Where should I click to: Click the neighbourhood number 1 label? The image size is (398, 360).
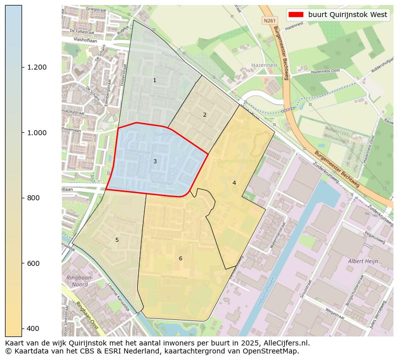click(154, 81)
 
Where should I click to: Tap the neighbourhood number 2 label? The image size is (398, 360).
click(205, 115)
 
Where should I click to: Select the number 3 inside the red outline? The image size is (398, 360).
click(155, 161)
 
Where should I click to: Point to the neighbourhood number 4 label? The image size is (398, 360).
click(234, 183)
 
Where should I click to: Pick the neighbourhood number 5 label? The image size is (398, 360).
click(117, 240)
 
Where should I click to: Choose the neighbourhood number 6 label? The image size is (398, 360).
click(180, 259)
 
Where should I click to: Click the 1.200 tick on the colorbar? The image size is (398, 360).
click(36, 68)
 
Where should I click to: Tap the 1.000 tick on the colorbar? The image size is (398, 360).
click(36, 133)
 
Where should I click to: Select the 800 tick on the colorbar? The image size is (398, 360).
click(33, 198)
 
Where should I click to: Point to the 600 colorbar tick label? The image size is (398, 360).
click(33, 263)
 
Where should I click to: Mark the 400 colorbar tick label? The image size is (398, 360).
click(33, 328)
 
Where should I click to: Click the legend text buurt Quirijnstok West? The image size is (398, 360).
click(347, 15)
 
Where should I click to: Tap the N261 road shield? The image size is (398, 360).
click(269, 21)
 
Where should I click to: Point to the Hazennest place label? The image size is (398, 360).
click(265, 66)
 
